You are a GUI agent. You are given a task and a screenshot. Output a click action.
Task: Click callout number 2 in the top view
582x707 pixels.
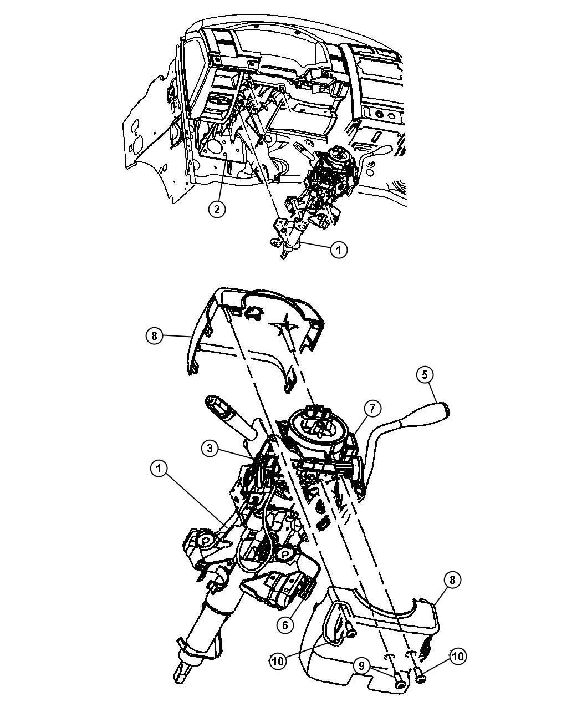pyautogui.click(x=217, y=209)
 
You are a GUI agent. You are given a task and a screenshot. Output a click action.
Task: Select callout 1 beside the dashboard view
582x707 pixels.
pyautogui.click(x=339, y=250)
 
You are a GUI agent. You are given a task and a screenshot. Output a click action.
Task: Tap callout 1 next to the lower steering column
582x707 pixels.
pyautogui.click(x=159, y=469)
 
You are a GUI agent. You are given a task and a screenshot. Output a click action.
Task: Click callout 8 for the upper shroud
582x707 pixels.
pyautogui.click(x=155, y=336)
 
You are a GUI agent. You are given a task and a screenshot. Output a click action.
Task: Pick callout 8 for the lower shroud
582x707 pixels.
pyautogui.click(x=452, y=580)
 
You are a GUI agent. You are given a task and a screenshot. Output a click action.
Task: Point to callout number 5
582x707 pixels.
pyautogui.click(x=425, y=375)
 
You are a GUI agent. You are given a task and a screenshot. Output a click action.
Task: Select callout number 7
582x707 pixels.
pyautogui.click(x=372, y=409)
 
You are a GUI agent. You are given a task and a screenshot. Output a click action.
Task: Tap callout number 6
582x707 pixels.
pyautogui.click(x=284, y=624)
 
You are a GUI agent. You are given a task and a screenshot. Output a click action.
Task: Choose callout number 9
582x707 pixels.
pyautogui.click(x=361, y=666)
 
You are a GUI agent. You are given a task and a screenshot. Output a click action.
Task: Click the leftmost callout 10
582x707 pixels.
pyautogui.click(x=278, y=660)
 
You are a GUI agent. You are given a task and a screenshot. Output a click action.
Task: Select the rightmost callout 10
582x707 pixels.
pyautogui.click(x=457, y=657)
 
